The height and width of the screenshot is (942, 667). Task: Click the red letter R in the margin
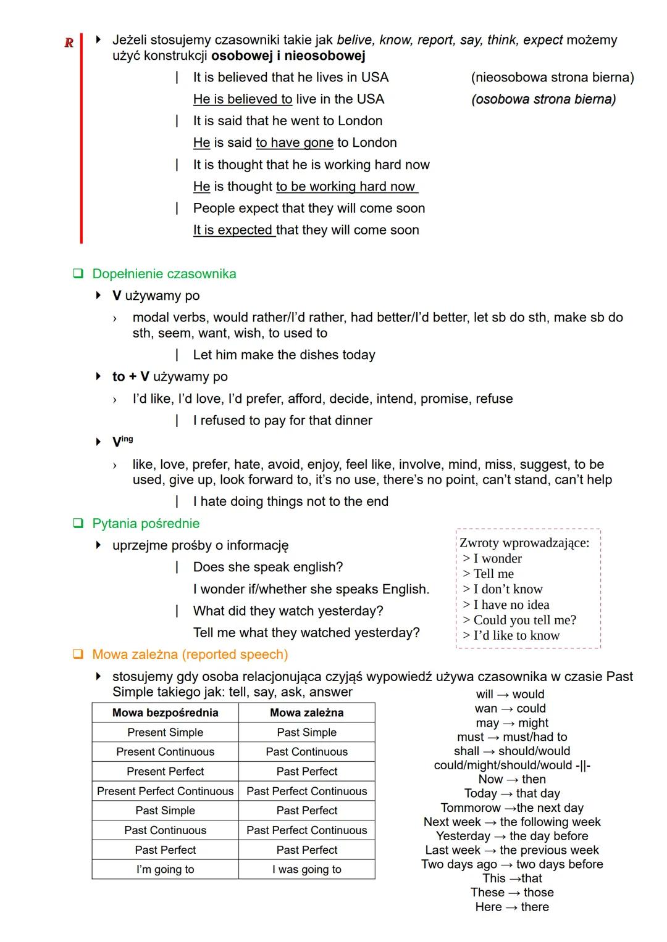point(69,43)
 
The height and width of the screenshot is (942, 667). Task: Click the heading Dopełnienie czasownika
point(164,274)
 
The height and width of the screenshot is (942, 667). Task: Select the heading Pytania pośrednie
point(146,524)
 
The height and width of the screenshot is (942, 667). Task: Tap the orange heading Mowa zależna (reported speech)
point(190,655)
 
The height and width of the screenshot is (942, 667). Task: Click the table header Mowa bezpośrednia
point(165,713)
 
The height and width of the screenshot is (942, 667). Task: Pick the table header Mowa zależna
point(306,713)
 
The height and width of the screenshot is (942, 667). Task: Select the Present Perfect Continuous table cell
point(165,791)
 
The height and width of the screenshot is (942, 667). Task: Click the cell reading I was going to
point(306,869)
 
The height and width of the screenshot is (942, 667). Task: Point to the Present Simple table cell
point(165,732)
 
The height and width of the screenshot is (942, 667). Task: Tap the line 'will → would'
point(510,694)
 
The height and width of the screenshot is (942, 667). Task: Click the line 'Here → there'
point(512,907)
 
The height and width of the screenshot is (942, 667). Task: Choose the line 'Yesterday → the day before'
point(512,836)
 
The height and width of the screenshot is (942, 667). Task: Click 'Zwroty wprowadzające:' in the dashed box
point(524,543)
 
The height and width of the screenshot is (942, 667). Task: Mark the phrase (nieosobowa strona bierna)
point(552,77)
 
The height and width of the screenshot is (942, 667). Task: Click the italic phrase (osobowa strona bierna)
point(543,99)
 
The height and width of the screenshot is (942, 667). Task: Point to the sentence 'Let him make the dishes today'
point(284,355)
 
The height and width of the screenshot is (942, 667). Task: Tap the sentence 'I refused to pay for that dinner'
point(282,421)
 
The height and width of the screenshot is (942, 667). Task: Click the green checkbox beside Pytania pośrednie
point(78,524)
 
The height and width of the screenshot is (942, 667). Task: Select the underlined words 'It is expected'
point(233,230)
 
